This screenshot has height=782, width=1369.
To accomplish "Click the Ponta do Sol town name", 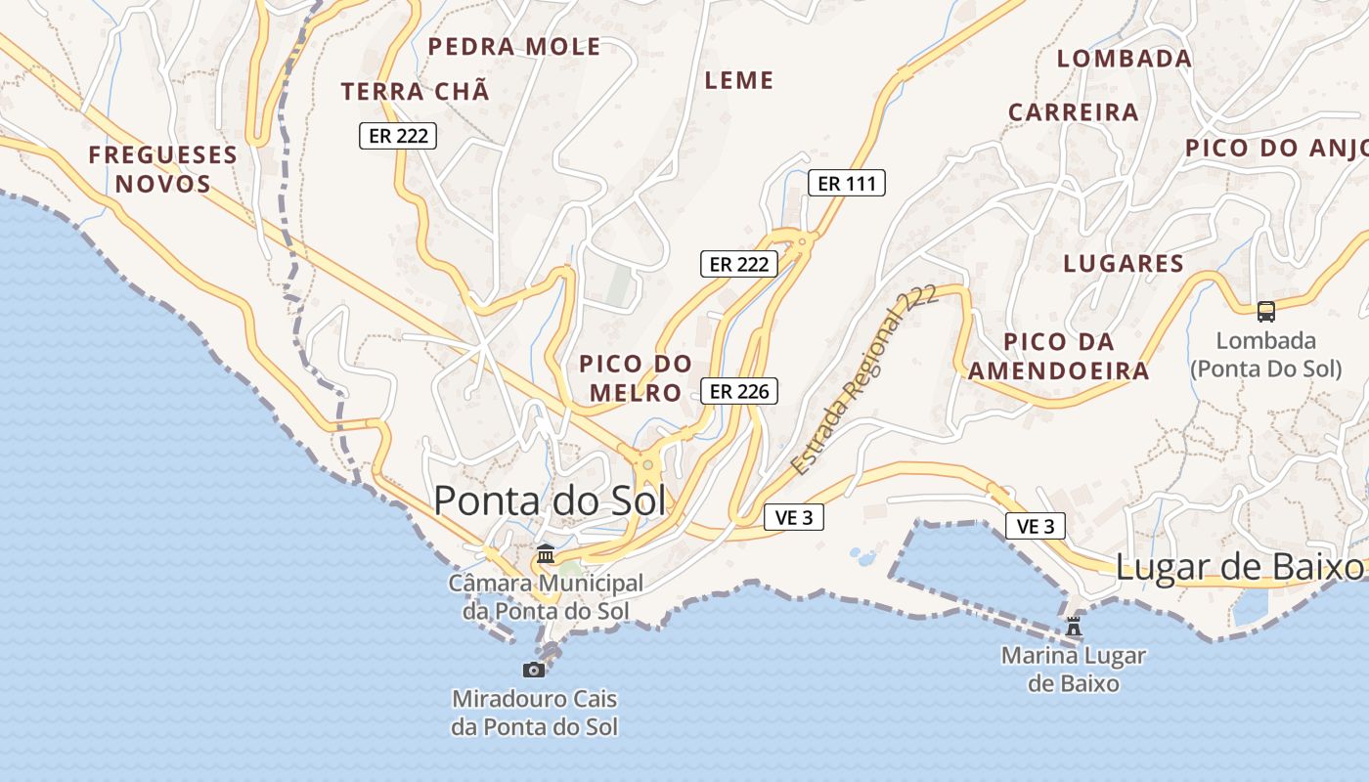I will (x=550, y=500).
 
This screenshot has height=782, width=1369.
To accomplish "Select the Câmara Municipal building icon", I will (x=546, y=554).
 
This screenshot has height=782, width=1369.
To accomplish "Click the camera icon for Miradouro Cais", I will (x=534, y=670).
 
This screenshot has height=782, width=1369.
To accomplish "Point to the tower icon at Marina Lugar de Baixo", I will (x=1074, y=626).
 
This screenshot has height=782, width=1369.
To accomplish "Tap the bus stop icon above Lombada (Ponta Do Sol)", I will (x=1266, y=312).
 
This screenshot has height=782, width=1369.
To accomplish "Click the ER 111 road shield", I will (x=847, y=183).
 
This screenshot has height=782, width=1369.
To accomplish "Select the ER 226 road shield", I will (x=739, y=392).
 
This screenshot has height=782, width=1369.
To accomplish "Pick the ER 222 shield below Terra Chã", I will (x=398, y=136).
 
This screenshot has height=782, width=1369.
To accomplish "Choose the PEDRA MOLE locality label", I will (x=514, y=47).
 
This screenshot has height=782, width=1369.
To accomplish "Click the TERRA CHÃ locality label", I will (x=415, y=92).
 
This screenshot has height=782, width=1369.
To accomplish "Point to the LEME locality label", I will (x=739, y=80).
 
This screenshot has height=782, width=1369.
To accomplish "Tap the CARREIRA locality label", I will (x=1074, y=112).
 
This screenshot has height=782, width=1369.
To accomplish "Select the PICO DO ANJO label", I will (x=1275, y=149).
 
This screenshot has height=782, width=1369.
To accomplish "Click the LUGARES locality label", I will (x=1124, y=263).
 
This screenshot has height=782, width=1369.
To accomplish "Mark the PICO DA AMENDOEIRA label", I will (x=1058, y=357).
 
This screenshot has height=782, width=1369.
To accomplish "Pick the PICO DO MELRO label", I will (x=636, y=378).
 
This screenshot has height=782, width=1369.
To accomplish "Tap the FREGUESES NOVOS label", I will (x=163, y=169).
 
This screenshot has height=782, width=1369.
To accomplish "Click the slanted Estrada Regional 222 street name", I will (x=864, y=380).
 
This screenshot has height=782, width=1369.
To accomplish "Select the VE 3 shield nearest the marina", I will (x=1036, y=527).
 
